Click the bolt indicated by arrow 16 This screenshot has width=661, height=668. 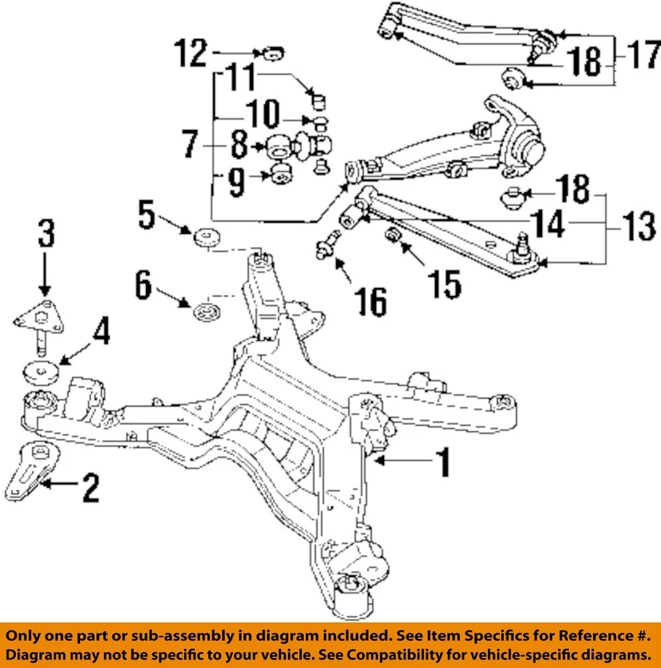(x=326, y=248)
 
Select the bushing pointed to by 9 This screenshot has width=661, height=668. (x=280, y=174)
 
